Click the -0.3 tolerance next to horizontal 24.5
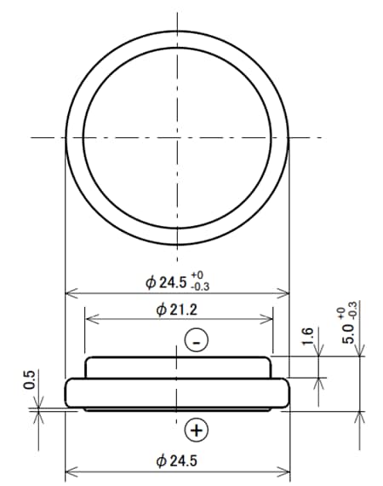point(201,286)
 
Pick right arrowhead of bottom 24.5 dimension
point(285,473)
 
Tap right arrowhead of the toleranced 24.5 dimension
point(285,294)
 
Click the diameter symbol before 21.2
point(162,309)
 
